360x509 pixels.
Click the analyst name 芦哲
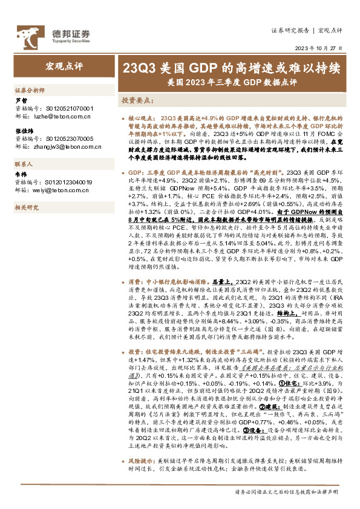(21, 101)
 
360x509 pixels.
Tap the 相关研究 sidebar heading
(27, 207)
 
